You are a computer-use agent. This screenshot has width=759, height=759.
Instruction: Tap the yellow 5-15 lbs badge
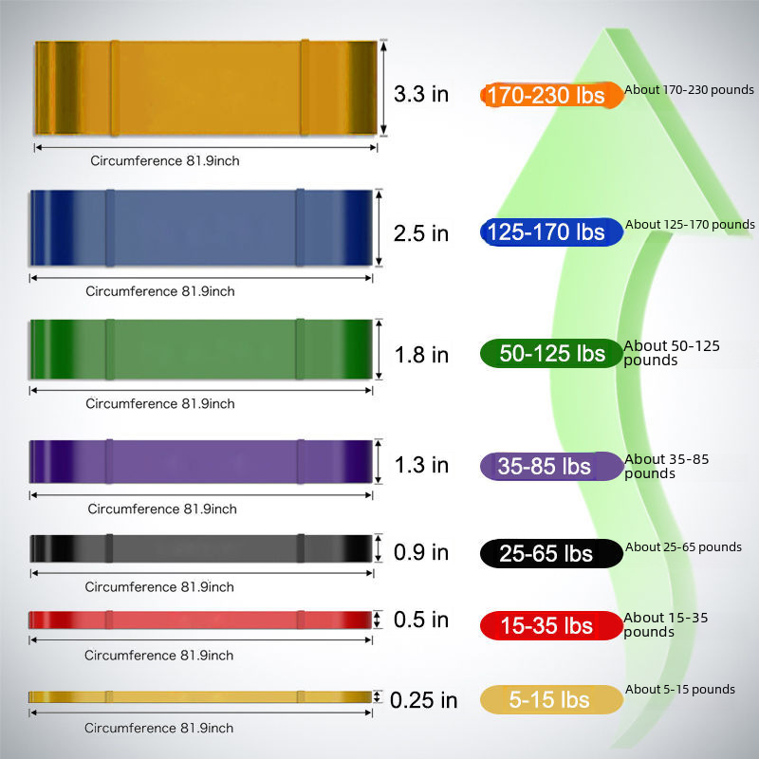tap(551, 700)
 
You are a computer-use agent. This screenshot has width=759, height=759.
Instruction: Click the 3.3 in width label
tap(421, 95)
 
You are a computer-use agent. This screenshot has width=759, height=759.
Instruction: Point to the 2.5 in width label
tap(421, 232)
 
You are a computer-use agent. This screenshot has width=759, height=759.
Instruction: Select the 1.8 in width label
tap(421, 355)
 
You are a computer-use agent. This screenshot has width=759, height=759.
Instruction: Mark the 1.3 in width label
tap(421, 465)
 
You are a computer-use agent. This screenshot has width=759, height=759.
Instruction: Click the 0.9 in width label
tap(421, 552)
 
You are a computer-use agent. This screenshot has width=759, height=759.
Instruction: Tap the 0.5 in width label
tap(421, 620)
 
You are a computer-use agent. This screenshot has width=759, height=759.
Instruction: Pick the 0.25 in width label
tap(423, 700)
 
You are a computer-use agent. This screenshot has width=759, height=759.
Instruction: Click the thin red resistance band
tap(200, 620)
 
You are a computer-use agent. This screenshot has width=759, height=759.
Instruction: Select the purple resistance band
tap(200, 461)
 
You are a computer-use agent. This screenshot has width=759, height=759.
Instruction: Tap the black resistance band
tap(200, 548)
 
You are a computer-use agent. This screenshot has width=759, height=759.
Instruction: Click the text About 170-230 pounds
tap(689, 90)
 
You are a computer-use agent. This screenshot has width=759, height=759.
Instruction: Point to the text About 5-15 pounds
tap(680, 690)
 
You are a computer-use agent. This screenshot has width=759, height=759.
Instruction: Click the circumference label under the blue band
tap(160, 291)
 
